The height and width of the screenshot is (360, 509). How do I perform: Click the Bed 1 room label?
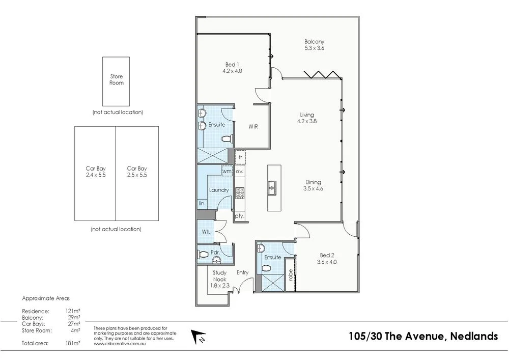click(232, 68)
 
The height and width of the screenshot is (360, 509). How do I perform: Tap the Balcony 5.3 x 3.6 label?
click(314, 45)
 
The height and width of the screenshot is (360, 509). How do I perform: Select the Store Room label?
click(117, 79)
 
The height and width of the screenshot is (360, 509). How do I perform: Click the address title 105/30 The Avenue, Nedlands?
click(423, 337)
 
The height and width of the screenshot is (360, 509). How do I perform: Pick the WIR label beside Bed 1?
click(252, 126)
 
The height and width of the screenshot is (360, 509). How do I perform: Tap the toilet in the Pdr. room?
click(204, 254)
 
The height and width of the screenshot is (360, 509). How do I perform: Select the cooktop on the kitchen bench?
click(240, 193)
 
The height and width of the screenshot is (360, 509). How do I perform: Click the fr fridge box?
click(240, 157)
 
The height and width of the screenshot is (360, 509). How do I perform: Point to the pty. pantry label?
click(239, 216)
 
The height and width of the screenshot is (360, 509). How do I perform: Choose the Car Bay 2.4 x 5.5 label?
click(95, 172)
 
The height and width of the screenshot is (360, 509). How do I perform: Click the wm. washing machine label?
click(227, 172)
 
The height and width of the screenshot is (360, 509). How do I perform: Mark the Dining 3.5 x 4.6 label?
click(314, 185)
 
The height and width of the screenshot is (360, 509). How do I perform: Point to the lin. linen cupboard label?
click(202, 203)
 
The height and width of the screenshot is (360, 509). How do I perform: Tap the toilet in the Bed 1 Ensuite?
click(227, 138)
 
